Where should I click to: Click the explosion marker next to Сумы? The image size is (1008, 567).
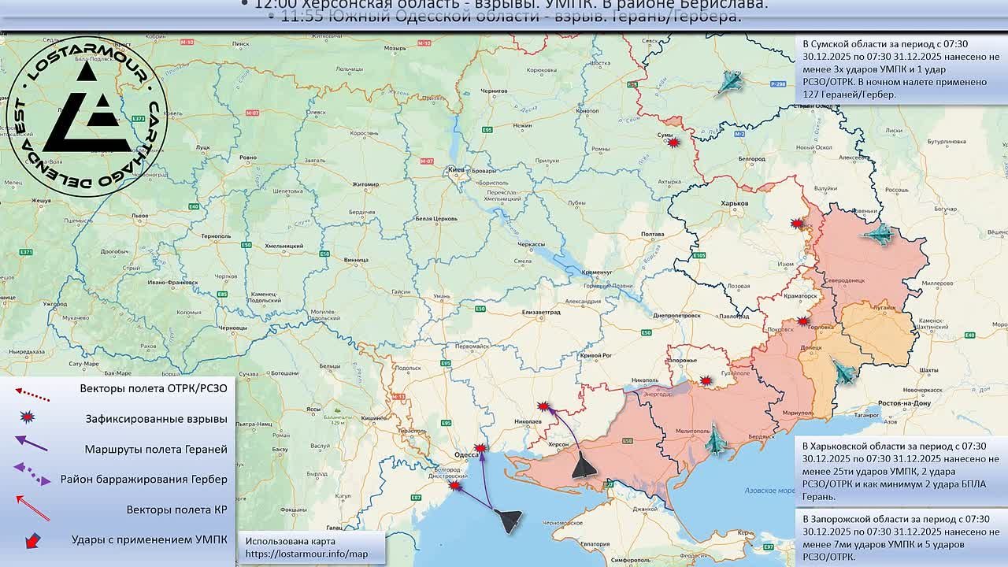click(x=673, y=143)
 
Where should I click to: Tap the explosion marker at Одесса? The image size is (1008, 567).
click(x=480, y=448)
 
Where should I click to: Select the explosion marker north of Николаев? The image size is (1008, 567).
click(x=543, y=406)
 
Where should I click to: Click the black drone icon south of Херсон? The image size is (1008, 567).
click(x=584, y=465)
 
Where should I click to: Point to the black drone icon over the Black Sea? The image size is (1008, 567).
click(x=509, y=519)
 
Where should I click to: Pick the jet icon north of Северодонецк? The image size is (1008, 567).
click(x=879, y=234)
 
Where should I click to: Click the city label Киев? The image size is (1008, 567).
click(x=455, y=169)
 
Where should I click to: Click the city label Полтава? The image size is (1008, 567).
click(x=653, y=235)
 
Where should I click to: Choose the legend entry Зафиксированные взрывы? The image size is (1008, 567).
click(x=156, y=419)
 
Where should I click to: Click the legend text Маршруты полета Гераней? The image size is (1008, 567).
click(x=156, y=449)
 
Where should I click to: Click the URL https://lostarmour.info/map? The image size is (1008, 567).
click(x=306, y=554)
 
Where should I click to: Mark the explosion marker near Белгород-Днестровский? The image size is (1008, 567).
click(x=455, y=486)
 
